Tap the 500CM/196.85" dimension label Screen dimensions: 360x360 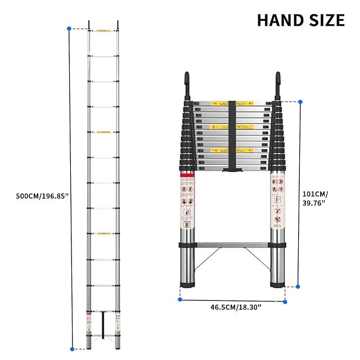35,196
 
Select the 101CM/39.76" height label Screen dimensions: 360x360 314,198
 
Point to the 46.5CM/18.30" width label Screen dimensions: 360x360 236,307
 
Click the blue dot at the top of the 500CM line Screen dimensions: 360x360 69,28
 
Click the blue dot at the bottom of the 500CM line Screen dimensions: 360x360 71,349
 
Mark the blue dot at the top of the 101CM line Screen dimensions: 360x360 300,101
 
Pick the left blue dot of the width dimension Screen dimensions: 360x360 180,299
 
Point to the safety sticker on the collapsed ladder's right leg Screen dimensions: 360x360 277,200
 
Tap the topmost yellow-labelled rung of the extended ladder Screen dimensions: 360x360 103,30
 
